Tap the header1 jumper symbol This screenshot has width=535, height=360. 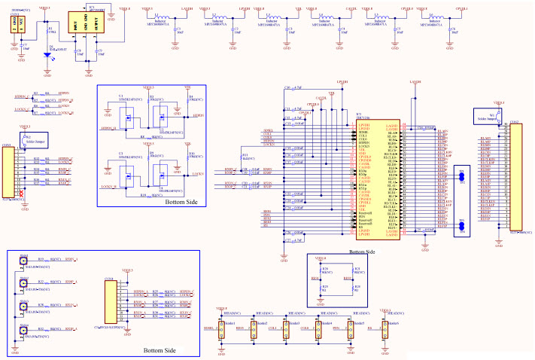coord(222,329)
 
